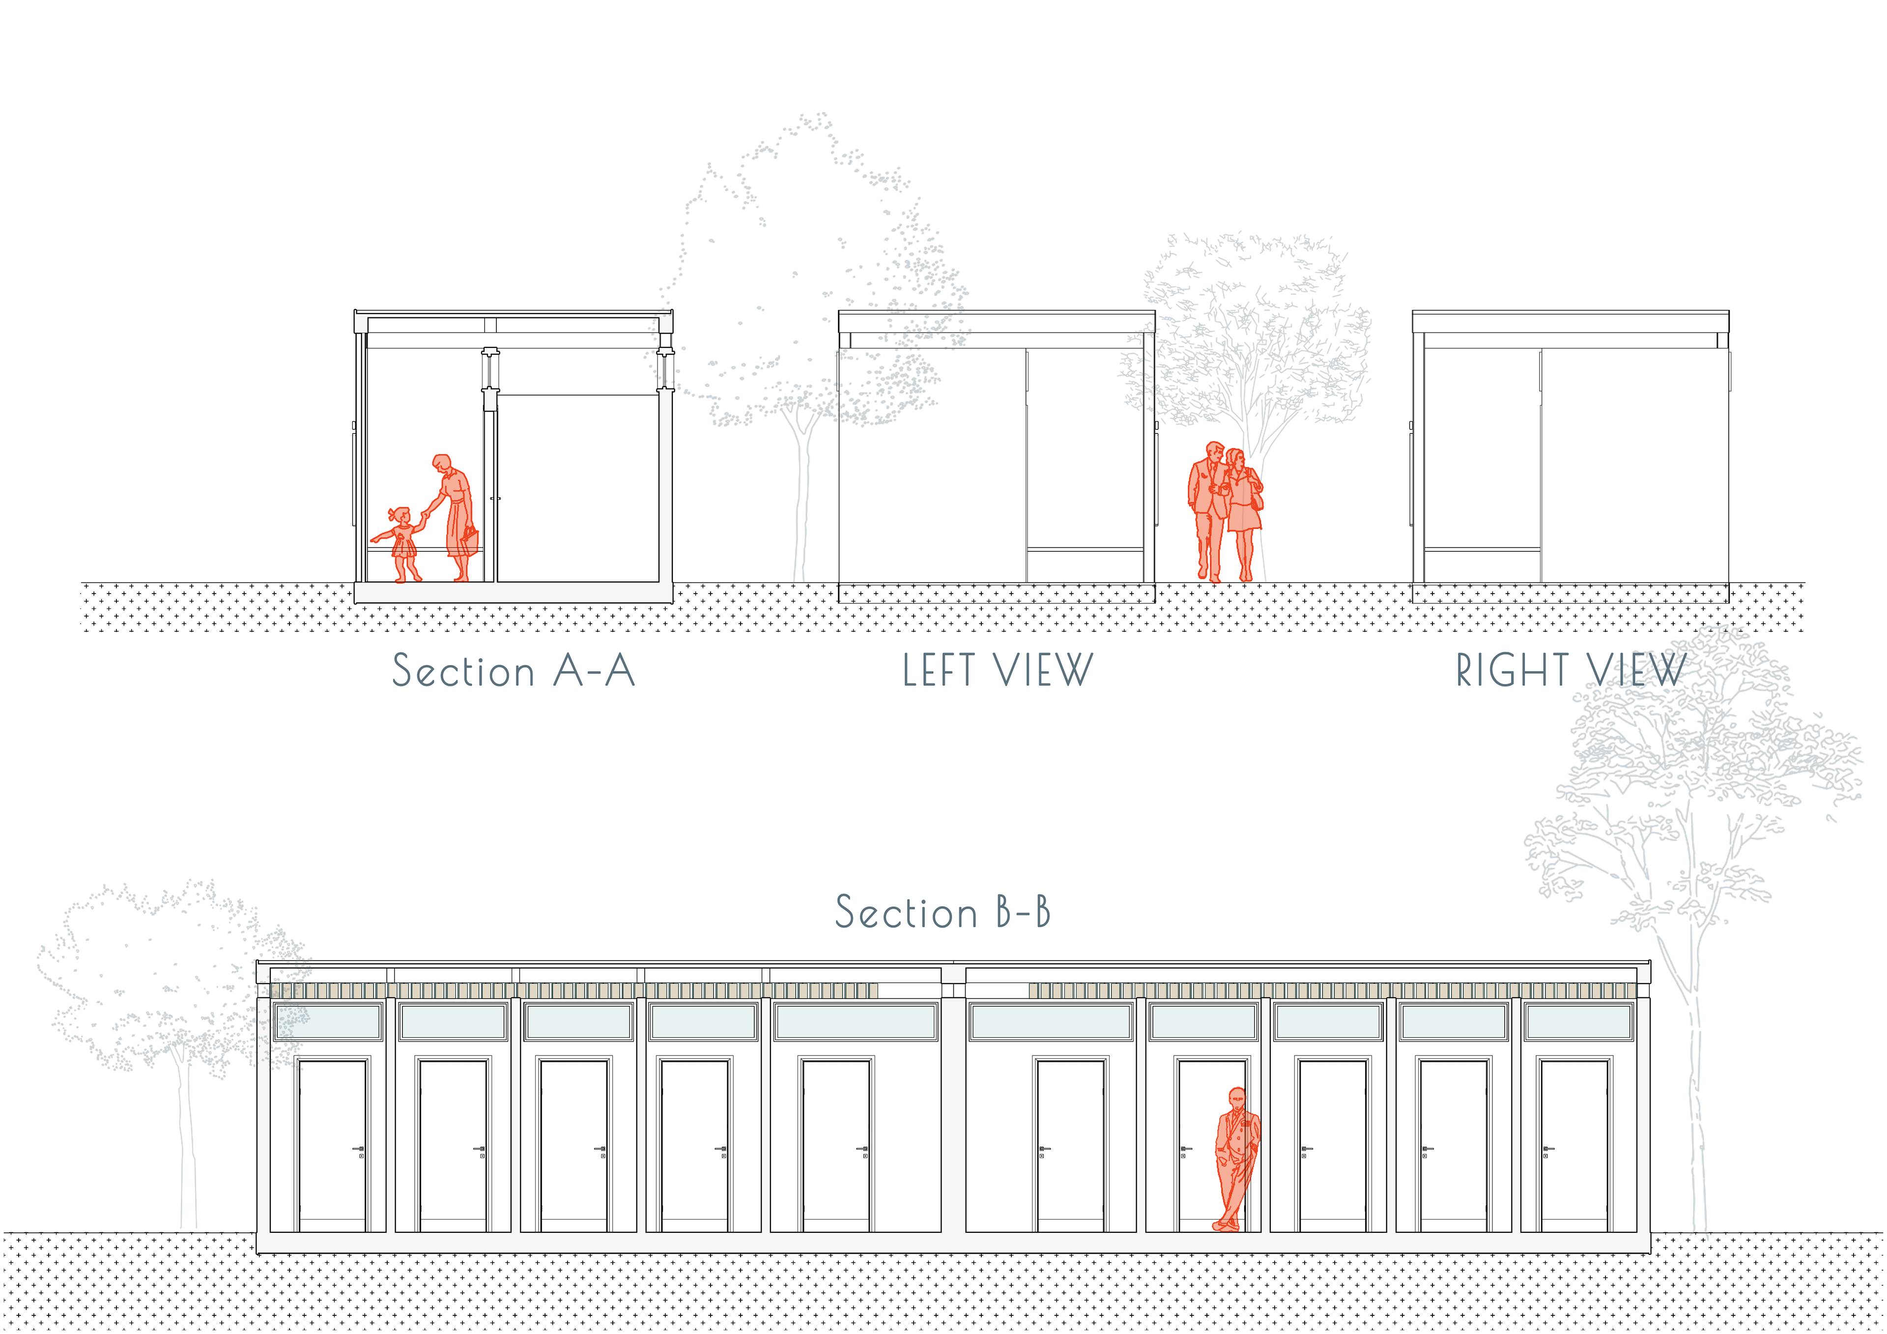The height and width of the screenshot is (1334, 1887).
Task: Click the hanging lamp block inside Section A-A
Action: click(x=490, y=400)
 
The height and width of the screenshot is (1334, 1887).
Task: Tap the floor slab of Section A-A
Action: click(x=513, y=592)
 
